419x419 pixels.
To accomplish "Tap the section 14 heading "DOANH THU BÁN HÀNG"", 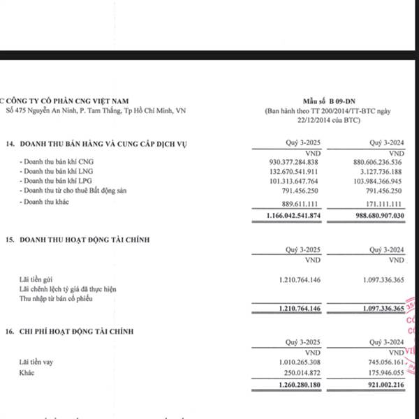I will click(104, 145).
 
